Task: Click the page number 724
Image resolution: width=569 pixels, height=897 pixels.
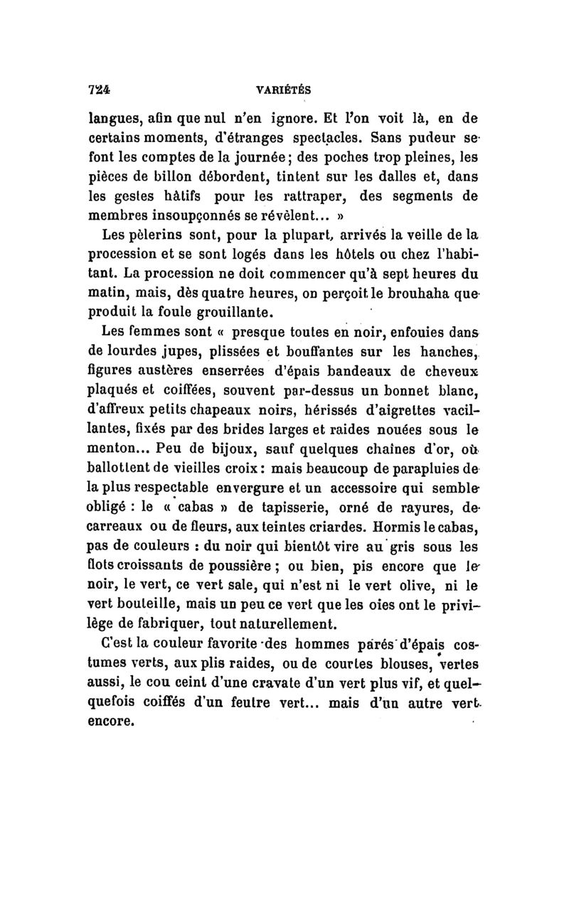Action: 97,91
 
